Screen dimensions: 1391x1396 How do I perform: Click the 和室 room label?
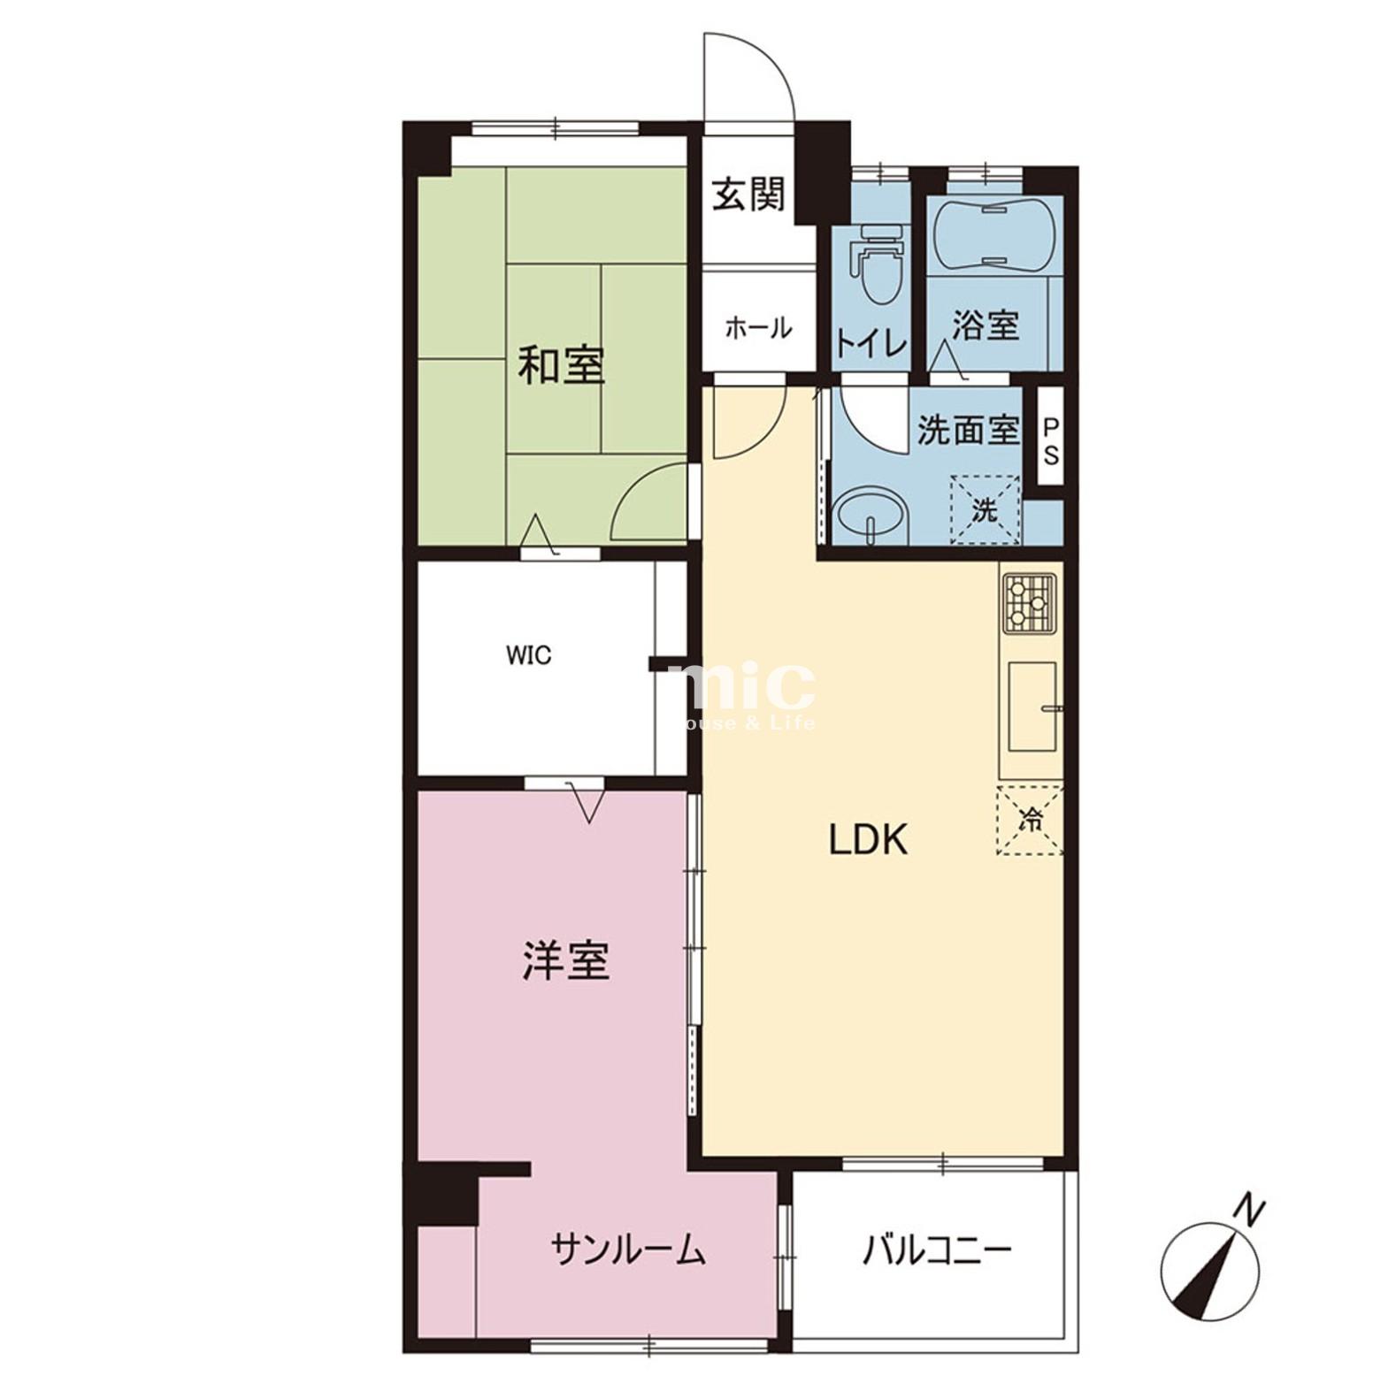click(561, 365)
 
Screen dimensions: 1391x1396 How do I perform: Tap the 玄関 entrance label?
click(749, 194)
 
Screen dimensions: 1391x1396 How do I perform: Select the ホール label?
click(758, 329)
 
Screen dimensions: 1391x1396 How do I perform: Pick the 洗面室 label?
click(969, 431)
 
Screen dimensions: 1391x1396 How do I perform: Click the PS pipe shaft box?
click(1050, 441)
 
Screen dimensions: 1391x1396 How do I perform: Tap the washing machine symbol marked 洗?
click(985, 510)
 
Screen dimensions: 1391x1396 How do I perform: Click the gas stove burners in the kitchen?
click(1030, 603)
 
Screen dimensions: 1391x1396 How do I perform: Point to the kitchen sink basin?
click(1032, 706)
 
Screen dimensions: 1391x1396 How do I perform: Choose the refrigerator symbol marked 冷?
click(1030, 820)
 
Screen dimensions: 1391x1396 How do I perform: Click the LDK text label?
click(868, 840)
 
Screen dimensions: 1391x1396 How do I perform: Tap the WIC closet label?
click(529, 655)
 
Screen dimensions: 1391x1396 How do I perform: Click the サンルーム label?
click(628, 1250)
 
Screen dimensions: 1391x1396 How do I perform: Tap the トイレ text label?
click(871, 343)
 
